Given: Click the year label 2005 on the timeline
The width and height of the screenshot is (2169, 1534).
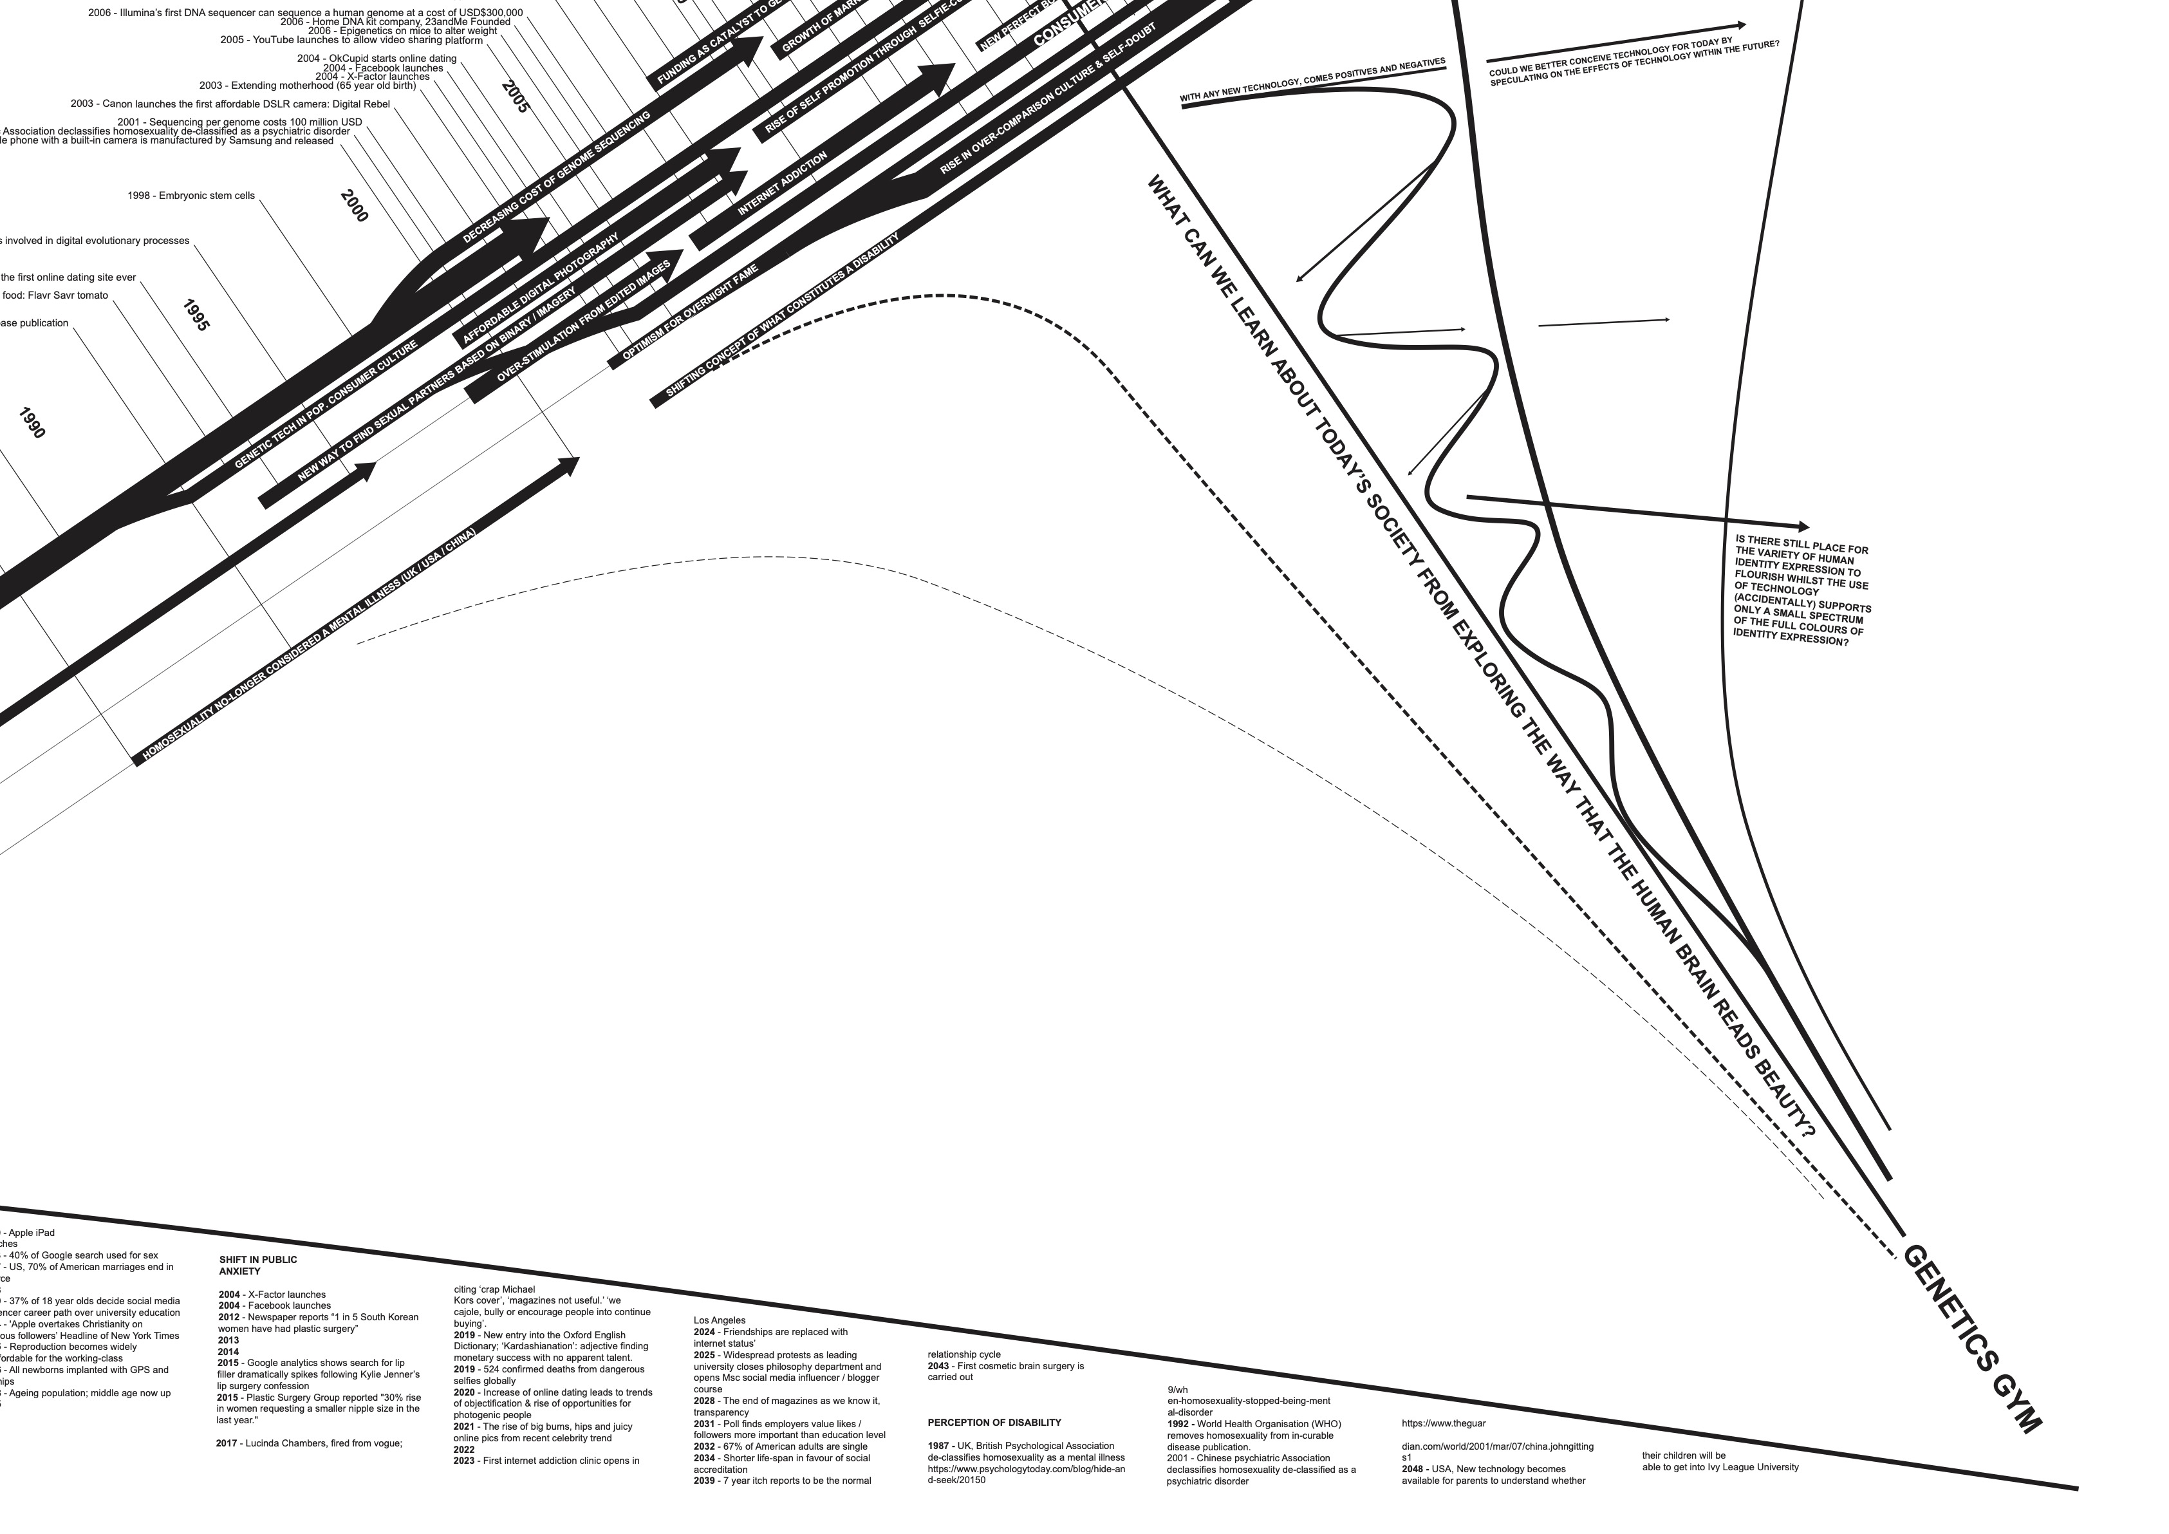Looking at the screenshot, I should [x=516, y=97].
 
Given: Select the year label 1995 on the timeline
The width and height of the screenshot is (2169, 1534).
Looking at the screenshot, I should [x=196, y=315].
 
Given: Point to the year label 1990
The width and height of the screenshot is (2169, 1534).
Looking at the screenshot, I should [x=31, y=422].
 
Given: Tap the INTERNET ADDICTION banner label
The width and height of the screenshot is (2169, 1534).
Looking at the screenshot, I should [x=783, y=183].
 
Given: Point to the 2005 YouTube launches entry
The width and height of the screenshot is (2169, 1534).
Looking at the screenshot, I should [x=351, y=41].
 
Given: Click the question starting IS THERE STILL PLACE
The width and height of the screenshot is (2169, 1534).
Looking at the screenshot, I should [x=1801, y=592].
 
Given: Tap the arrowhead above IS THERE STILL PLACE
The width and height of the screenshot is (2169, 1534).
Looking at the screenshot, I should [x=1803, y=526].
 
